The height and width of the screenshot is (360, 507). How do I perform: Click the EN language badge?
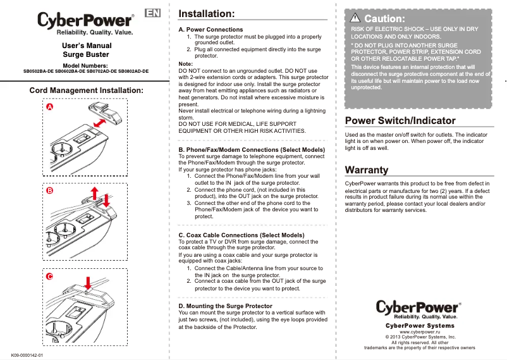(x=152, y=13)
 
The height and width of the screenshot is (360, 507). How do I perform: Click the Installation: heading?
(x=207, y=13)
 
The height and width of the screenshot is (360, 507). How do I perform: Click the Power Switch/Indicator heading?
(x=400, y=120)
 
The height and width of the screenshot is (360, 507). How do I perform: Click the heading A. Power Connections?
(x=211, y=30)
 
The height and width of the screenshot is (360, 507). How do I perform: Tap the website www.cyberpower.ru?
(x=420, y=332)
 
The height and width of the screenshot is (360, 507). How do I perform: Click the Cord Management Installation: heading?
(x=87, y=90)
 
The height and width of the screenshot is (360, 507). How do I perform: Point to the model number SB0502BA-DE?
(x=39, y=71)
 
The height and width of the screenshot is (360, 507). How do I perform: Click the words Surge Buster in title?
(x=85, y=55)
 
